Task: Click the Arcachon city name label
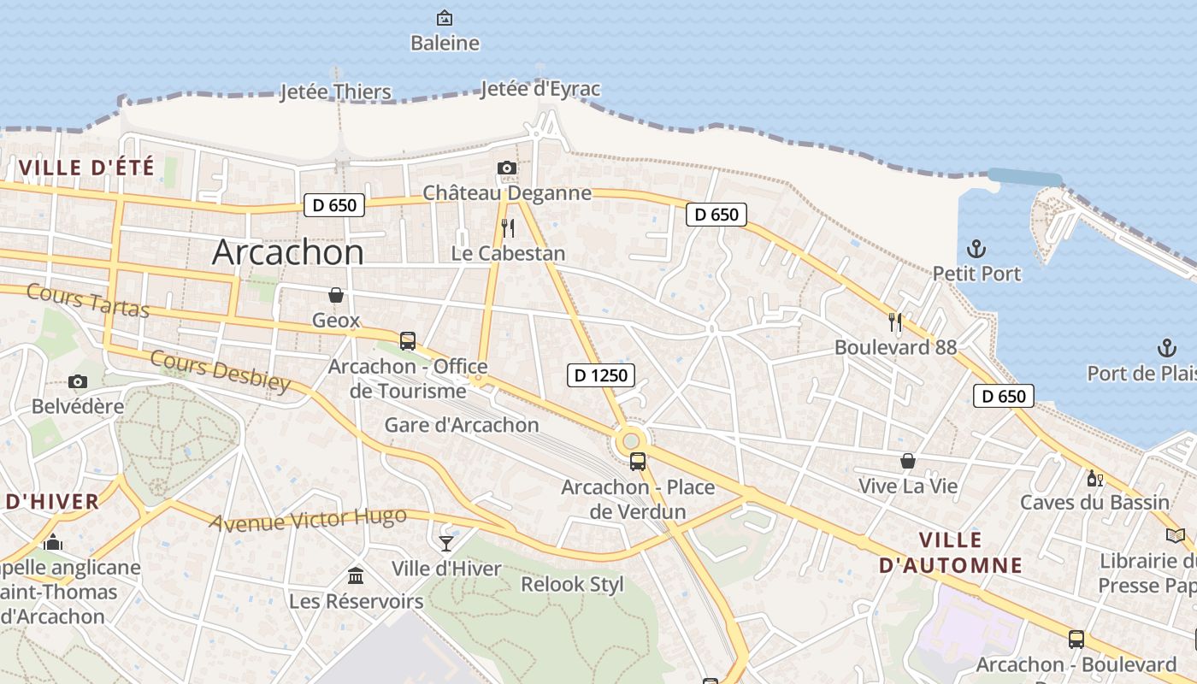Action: [287, 252]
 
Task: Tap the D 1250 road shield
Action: [601, 374]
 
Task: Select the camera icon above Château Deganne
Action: [507, 168]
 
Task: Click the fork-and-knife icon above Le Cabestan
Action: [508, 227]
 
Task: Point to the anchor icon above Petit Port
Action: [976, 249]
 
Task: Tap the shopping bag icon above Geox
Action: [337, 295]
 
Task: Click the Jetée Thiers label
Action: [335, 91]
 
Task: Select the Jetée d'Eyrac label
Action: [540, 89]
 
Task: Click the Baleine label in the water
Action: [445, 43]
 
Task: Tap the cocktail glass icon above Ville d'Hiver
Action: [446, 543]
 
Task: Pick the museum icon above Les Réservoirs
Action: [356, 575]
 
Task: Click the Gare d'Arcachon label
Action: [462, 425]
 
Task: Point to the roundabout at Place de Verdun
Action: [631, 440]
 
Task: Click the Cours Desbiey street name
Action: [221, 370]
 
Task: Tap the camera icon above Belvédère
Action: [78, 381]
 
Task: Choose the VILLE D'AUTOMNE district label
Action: [950, 552]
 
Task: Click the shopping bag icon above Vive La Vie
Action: [908, 462]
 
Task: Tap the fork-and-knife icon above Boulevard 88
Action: [895, 321]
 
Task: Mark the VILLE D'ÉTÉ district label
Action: [86, 168]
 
